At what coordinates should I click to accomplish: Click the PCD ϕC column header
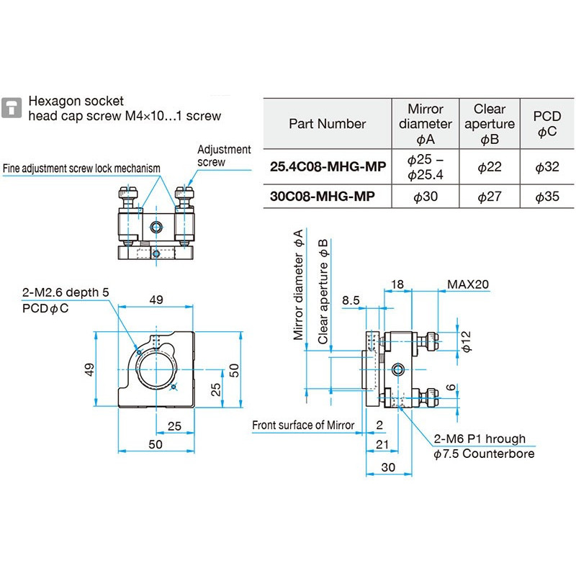coord(546,123)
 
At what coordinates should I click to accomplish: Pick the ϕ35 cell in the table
coord(546,196)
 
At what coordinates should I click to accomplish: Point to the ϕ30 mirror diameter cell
coord(426,196)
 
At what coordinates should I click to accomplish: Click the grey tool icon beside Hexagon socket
coord(12,107)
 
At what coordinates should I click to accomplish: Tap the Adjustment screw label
coord(224,156)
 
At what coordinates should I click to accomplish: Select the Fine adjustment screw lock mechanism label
coord(81,168)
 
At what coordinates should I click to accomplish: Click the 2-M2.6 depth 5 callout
coord(66,292)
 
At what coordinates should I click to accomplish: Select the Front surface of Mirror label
coord(303,425)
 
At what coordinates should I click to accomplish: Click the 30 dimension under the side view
coord(388,467)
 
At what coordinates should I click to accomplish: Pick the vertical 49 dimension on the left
coord(90,369)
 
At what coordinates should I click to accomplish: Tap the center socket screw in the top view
coord(156,228)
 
